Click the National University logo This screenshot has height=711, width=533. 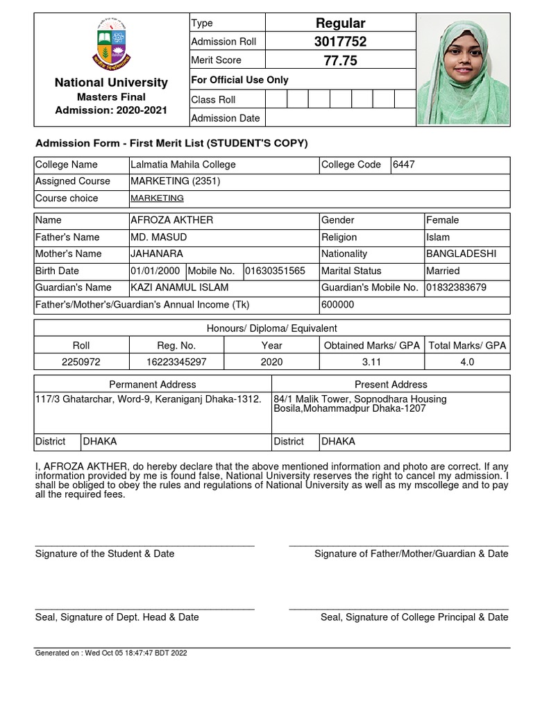coord(111,44)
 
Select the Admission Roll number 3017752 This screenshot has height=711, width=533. coord(340,42)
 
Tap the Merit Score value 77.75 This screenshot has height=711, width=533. coord(340,61)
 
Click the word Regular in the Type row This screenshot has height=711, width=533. coord(340,23)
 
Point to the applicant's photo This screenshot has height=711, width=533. coord(463,69)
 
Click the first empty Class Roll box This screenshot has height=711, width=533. coord(276,99)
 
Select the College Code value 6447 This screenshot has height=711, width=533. coord(404,165)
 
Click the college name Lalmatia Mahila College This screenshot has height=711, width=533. coord(183,165)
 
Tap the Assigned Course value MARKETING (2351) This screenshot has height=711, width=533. coord(176,181)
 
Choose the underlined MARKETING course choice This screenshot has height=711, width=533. coord(157,198)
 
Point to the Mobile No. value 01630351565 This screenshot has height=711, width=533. coord(275,271)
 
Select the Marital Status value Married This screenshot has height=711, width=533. coord(443,271)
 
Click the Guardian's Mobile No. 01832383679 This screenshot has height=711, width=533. coord(456,287)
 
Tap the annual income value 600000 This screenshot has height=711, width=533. coord(337,304)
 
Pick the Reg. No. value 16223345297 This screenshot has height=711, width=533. coord(177,362)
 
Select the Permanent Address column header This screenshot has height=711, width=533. coord(153,384)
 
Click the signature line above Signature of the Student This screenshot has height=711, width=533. coord(144,546)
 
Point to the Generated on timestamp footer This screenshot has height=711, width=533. coord(111,653)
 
